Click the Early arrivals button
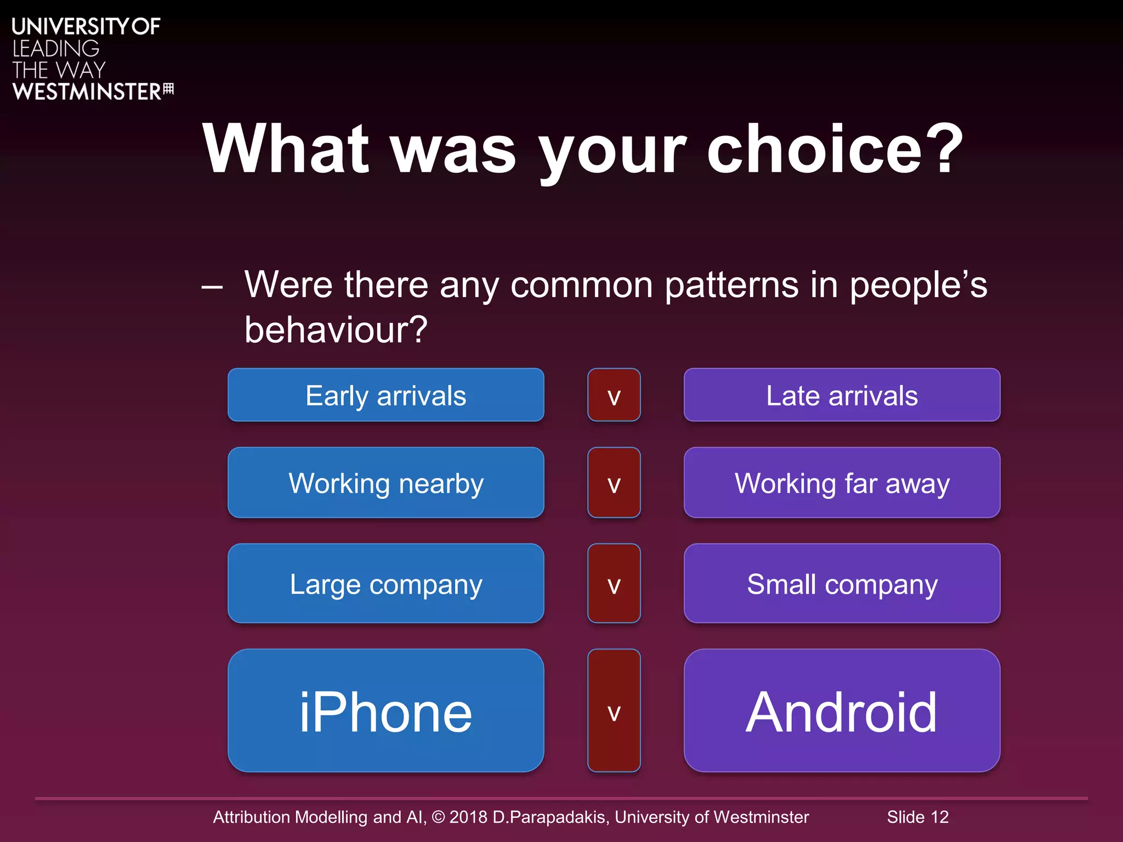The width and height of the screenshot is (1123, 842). [385, 395]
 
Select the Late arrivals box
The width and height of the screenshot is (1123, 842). [842, 395]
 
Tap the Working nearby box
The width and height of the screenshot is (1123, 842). [385, 483]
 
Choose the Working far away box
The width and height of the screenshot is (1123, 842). [842, 483]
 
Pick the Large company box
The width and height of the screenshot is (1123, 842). [385, 583]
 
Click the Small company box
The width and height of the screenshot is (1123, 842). [842, 583]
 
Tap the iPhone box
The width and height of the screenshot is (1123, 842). [385, 711]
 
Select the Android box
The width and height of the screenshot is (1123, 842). [842, 711]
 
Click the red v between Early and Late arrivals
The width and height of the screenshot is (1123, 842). [614, 395]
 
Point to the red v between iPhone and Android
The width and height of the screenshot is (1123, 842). [614, 711]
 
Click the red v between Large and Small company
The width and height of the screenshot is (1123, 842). [614, 583]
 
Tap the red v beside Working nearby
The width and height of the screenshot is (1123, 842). [614, 483]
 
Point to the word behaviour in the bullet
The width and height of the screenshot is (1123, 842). [335, 330]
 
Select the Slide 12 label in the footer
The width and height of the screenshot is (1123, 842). [917, 817]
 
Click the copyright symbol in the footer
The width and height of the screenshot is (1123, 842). [438, 817]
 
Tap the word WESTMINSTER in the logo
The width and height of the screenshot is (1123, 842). [87, 92]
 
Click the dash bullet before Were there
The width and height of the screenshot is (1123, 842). [212, 286]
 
